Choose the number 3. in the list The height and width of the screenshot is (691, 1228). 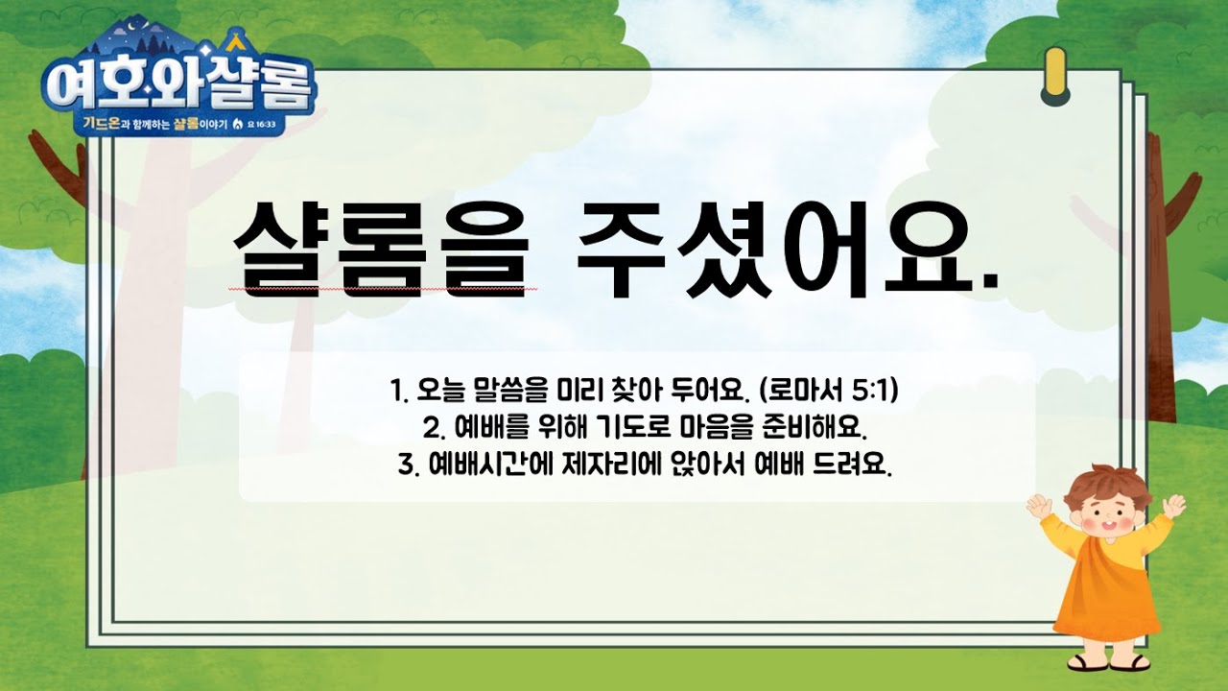coord(409,465)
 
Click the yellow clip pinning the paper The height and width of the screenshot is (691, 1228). coord(1055,76)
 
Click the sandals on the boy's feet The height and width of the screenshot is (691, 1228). coord(1105,662)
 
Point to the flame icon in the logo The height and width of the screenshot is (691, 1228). coord(238,124)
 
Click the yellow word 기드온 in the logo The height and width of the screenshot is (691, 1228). coord(103,124)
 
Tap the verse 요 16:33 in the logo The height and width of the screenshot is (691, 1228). coord(262,125)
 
